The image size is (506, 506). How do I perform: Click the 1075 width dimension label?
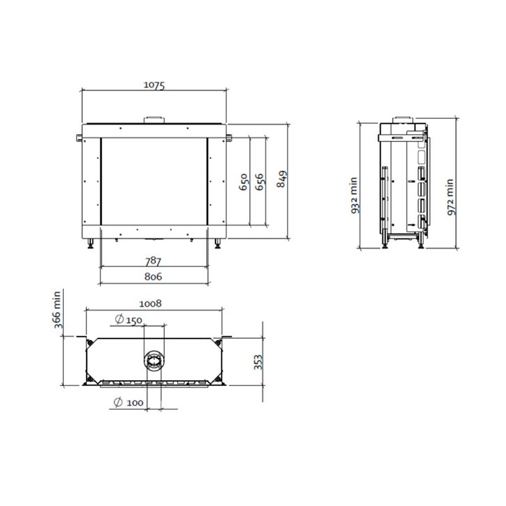click(x=154, y=85)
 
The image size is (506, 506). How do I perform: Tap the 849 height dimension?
click(x=281, y=179)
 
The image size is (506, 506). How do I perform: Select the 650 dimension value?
click(x=244, y=182)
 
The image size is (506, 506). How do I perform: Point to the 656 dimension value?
click(x=260, y=182)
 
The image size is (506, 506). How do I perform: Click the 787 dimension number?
click(x=153, y=261)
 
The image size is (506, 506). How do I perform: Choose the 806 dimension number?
click(x=153, y=276)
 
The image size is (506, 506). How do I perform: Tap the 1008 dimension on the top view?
click(x=151, y=304)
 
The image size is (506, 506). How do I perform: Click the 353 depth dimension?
click(x=259, y=362)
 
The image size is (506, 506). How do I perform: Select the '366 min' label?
click(x=58, y=310)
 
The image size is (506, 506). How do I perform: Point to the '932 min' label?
click(x=355, y=195)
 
